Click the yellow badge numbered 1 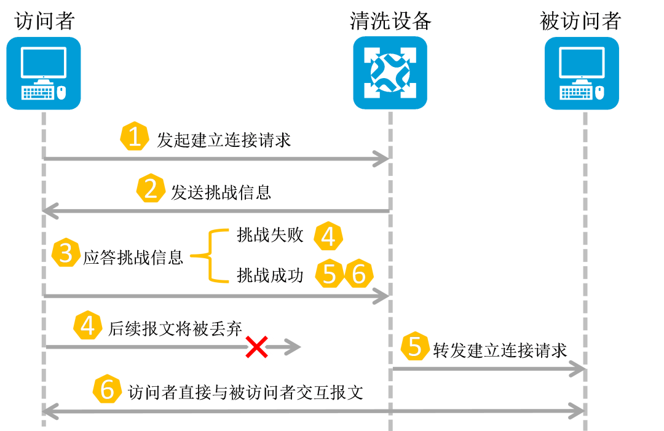pos(134,136)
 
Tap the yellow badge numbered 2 pos(151,189)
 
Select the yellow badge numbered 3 pos(66,253)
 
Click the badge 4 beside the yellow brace pos(328,236)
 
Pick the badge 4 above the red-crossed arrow pos(88,326)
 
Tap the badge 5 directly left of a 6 pos(330,274)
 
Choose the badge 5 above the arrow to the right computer pos(415,346)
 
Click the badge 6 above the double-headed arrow pos(108,389)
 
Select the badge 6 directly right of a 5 pos(358,274)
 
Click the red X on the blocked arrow pos(256,348)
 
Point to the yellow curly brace pos(212,255)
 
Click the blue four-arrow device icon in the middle pos(390,73)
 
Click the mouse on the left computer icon pos(61,93)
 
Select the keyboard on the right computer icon pos(576,93)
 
